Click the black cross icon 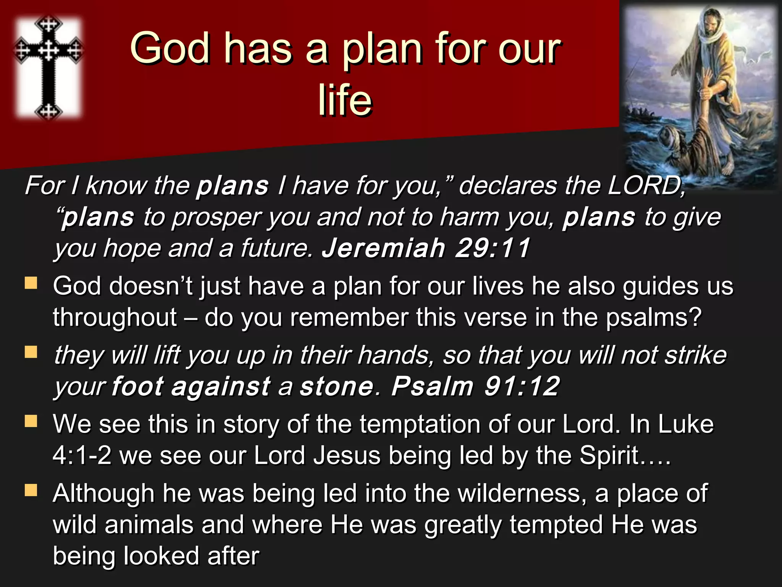pos(48,67)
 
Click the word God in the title pos(170,49)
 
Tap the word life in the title pos(345,100)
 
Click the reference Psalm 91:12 pos(475,386)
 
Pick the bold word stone pos(336,386)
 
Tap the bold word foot pos(137,386)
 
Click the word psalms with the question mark pos(653,318)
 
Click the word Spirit pos(609,456)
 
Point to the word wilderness pos(521,493)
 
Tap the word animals pos(149,525)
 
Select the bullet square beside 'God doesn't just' pos(31,283)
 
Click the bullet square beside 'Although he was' pos(31,490)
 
